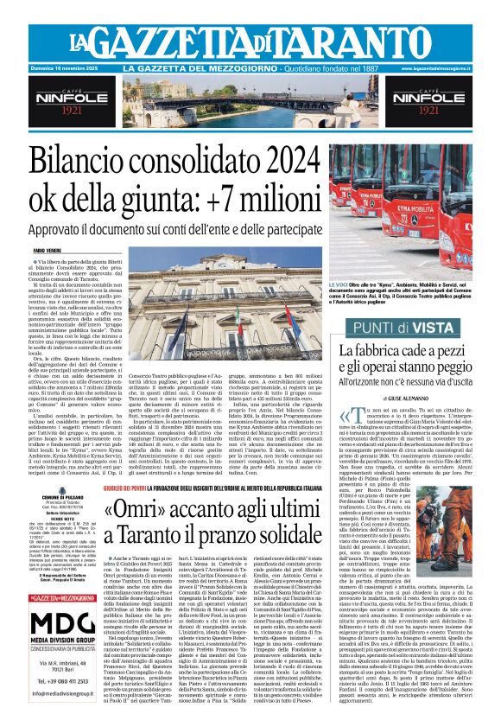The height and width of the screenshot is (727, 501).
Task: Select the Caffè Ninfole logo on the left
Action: (70, 102)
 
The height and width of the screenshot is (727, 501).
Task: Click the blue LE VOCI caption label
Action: (339, 284)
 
